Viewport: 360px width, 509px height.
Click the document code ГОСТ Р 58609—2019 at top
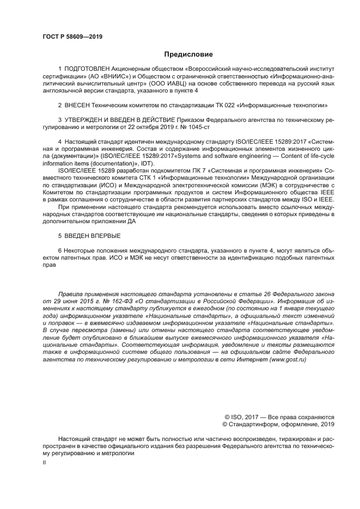(x=72, y=37)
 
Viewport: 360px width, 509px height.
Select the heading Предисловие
(x=188, y=54)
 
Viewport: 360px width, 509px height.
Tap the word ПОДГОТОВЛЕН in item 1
(x=87, y=70)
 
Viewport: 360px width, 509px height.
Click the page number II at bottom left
(x=45, y=462)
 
